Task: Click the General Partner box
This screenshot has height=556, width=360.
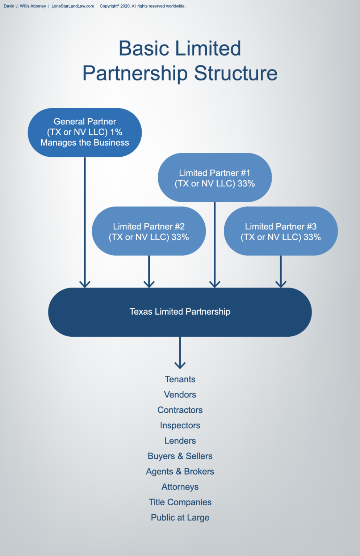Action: (85, 132)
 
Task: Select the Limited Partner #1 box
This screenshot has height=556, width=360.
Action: (215, 178)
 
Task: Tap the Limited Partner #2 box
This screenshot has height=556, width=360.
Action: (149, 231)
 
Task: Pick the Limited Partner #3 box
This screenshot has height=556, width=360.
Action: (281, 231)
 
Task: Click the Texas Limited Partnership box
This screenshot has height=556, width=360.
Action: (180, 312)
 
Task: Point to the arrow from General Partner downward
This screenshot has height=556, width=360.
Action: (85, 221)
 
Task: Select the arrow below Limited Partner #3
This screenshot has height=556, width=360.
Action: (281, 271)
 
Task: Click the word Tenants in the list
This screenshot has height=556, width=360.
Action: (180, 379)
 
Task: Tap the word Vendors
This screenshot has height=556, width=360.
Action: (180, 395)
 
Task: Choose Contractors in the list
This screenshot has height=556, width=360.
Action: (180, 410)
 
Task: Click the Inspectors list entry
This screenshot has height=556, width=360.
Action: (180, 425)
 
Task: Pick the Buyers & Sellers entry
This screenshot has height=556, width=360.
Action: (180, 456)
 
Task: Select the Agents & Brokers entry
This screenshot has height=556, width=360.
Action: (180, 472)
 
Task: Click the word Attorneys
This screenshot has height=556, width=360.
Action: (180, 487)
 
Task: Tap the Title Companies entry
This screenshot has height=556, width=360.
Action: (180, 502)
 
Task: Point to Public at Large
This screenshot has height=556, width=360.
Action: (180, 518)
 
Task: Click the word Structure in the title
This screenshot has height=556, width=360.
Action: (236, 73)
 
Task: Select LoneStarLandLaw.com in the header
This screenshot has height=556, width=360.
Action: (73, 6)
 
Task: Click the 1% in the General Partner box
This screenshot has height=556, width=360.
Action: (116, 132)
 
